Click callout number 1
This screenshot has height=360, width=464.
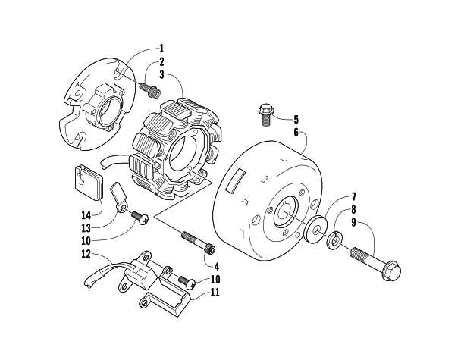click(161, 48)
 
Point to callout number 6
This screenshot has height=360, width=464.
click(295, 131)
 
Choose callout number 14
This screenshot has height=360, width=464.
click(86, 214)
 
